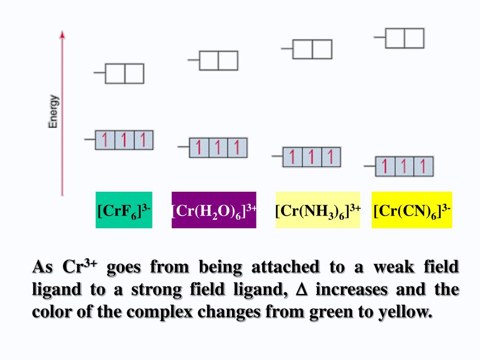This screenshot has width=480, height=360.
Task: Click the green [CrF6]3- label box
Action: click(124, 210)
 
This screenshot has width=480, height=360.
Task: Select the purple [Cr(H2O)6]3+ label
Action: click(214, 210)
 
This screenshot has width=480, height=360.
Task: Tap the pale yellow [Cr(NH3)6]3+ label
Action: click(318, 210)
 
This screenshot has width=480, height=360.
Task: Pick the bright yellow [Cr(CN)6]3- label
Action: click(412, 210)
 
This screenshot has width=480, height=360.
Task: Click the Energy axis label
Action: click(53, 112)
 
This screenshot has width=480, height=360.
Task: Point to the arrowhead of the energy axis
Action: click(62, 34)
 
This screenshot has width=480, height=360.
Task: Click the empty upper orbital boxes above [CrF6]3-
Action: click(125, 74)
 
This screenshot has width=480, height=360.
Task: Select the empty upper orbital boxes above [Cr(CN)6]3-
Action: click(405, 38)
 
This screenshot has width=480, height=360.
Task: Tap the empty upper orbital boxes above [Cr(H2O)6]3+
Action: click(218, 60)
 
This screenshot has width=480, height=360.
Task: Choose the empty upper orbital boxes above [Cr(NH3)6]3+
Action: click(312, 49)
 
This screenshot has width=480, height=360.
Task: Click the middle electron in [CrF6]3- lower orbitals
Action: click(124, 140)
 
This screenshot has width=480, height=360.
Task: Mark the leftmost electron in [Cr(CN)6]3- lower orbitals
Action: click(384, 166)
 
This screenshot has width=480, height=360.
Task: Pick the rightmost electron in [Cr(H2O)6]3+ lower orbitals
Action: click(237, 148)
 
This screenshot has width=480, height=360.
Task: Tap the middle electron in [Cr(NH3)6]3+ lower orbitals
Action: click(311, 157)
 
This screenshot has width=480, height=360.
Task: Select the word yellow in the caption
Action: click(405, 312)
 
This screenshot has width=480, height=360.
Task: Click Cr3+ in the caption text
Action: click(80, 266)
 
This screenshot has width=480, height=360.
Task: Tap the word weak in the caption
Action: click(394, 267)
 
